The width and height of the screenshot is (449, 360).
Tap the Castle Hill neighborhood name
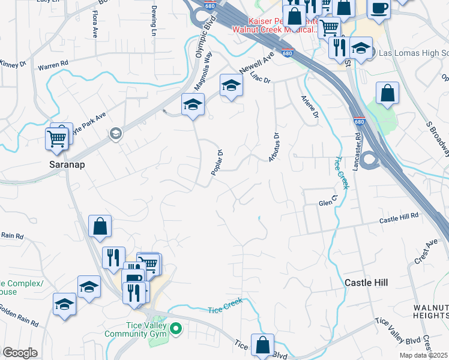pos(366,282)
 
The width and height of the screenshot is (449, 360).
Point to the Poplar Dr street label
pos(217,162)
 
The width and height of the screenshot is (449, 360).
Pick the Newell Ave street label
pos(257,61)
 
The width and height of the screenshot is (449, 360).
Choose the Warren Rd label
pos(50,66)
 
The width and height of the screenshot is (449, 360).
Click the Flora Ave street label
pos(95,23)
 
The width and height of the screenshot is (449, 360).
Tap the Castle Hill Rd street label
pos(398,221)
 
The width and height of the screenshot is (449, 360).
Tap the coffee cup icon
pos(379,8)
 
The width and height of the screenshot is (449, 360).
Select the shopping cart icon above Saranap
pos(56,139)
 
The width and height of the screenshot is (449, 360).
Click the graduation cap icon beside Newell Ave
pos(231,86)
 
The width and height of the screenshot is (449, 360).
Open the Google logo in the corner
pos(20,353)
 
